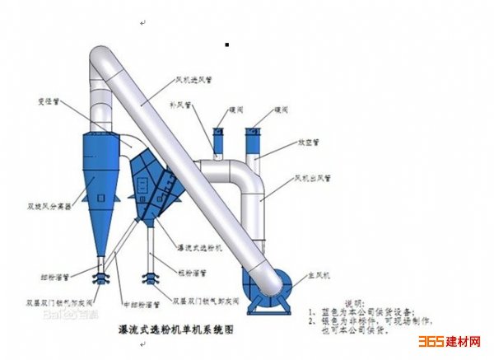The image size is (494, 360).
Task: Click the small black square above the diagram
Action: point(226,44)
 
